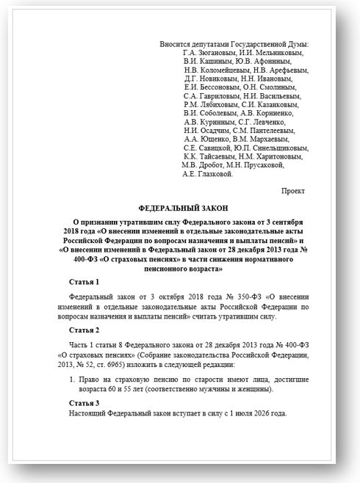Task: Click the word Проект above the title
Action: [x=295, y=190]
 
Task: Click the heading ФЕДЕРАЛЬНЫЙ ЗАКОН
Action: [x=181, y=208]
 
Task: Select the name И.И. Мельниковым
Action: [x=271, y=52]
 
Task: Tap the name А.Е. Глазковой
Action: [x=208, y=175]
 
